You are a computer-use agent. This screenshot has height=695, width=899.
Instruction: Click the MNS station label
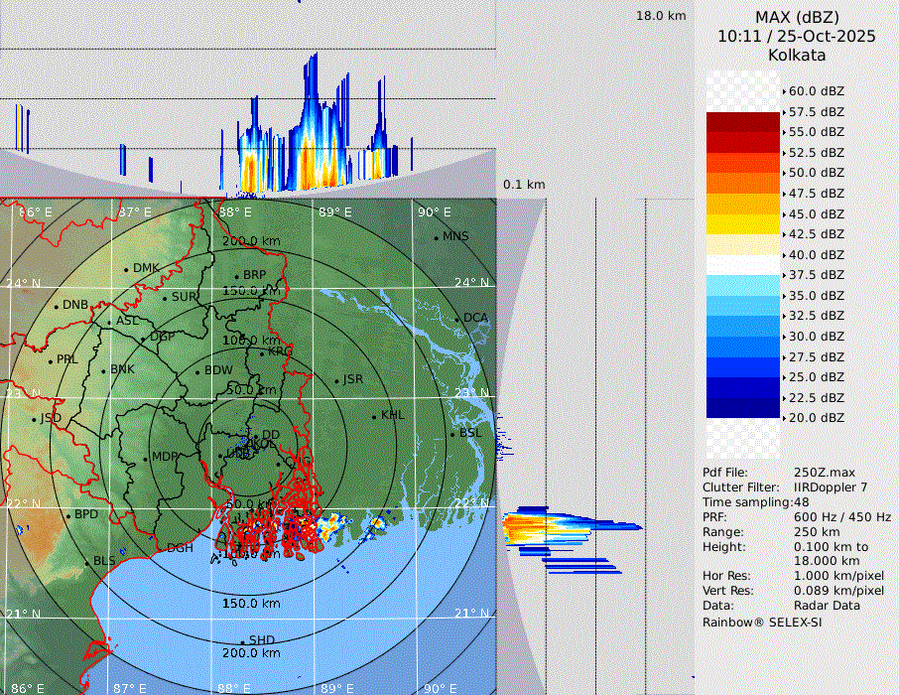tap(455, 236)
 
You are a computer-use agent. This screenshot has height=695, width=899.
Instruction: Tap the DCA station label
tap(476, 318)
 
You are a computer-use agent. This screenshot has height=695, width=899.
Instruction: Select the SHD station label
tap(262, 640)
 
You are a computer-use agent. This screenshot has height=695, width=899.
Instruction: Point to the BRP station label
tap(255, 275)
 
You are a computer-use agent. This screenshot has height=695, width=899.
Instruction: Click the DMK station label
tap(146, 268)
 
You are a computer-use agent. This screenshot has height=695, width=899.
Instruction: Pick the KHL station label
tap(393, 415)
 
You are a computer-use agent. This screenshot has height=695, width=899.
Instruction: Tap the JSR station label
tap(353, 379)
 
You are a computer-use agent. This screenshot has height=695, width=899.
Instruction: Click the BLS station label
tap(104, 561)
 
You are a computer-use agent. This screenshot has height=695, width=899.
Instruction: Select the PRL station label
tap(66, 359)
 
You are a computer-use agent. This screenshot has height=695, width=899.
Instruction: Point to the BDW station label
tap(218, 370)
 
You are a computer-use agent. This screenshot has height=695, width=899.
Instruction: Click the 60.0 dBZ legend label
tap(817, 91)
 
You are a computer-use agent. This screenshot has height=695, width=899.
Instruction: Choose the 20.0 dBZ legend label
tap(817, 418)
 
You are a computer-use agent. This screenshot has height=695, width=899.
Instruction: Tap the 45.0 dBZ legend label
tap(817, 213)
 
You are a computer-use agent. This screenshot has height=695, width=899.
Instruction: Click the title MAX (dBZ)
tap(797, 17)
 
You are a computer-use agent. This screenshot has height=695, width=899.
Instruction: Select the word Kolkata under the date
tap(797, 55)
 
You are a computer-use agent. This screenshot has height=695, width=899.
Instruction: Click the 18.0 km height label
tap(661, 16)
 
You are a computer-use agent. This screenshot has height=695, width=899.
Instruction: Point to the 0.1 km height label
tap(524, 185)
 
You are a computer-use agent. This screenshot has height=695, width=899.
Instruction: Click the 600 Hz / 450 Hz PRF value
tap(842, 517)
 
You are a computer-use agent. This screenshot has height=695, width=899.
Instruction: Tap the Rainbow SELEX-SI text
tap(762, 622)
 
